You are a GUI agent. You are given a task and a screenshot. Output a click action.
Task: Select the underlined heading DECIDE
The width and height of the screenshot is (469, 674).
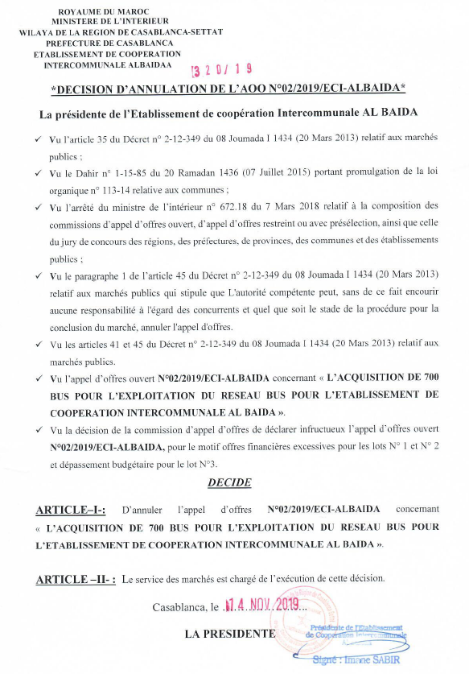point(229,482)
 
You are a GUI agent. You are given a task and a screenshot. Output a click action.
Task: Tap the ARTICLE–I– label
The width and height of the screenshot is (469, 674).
point(71,511)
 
